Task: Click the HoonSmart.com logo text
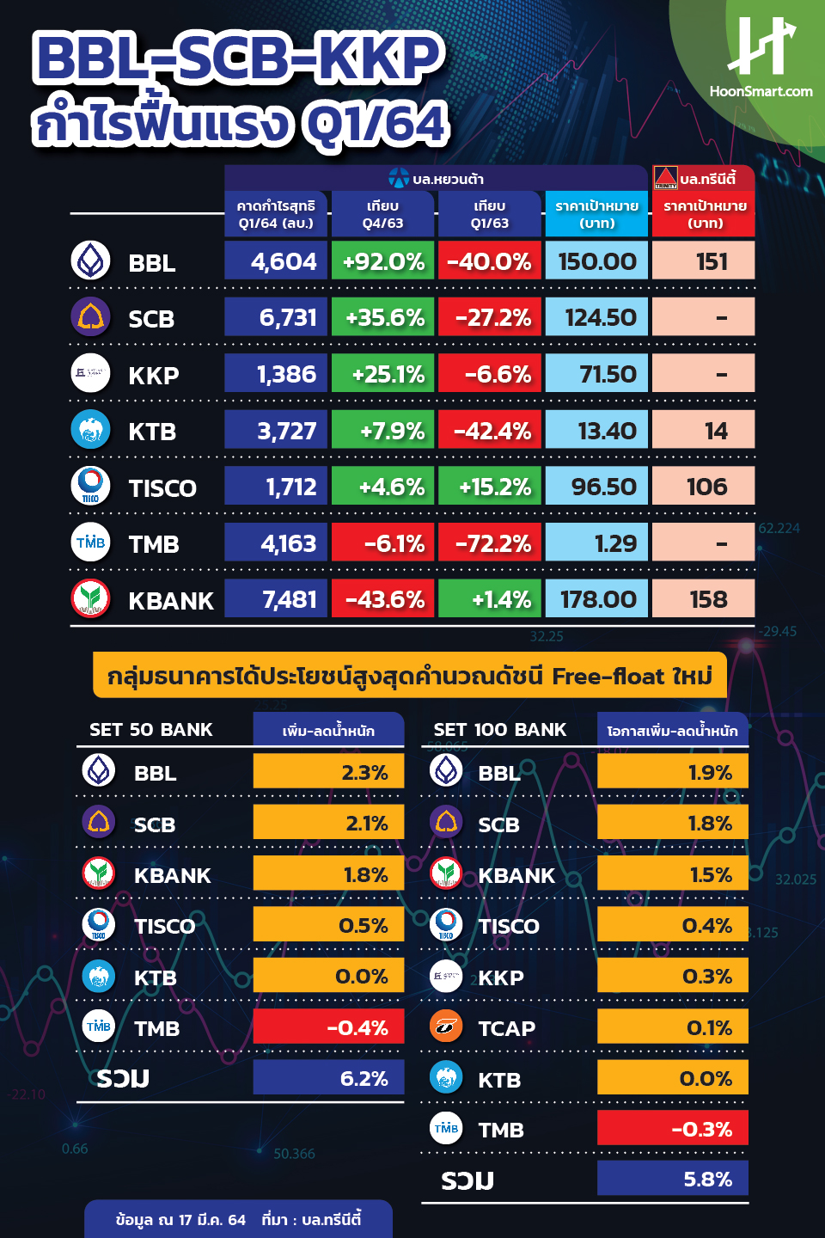(x=761, y=91)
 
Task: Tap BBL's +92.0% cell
(x=383, y=261)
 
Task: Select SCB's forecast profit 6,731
(x=276, y=317)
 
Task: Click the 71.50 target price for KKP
(x=596, y=374)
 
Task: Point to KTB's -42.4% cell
(x=490, y=431)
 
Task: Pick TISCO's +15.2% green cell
(x=490, y=487)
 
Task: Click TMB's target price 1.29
(x=596, y=543)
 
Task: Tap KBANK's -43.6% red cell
(x=383, y=599)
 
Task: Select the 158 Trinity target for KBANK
(x=704, y=599)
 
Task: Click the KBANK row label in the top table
(x=170, y=600)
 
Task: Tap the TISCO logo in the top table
(x=90, y=487)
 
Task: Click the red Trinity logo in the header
(x=666, y=178)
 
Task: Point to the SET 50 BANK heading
(x=151, y=730)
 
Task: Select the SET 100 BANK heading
(x=500, y=730)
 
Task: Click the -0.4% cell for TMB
(x=328, y=1027)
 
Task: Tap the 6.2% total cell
(x=328, y=1078)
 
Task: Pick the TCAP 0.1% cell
(x=672, y=1027)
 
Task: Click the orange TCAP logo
(x=446, y=1027)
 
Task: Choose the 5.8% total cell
(x=672, y=1179)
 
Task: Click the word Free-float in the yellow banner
(x=608, y=677)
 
